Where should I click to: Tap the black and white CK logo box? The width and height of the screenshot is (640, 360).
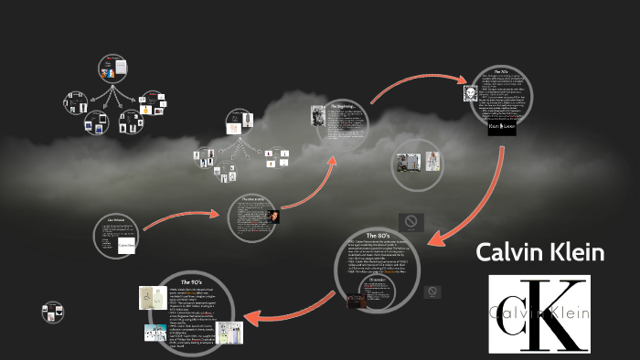539,313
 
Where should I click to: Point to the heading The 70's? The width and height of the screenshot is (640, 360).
505,70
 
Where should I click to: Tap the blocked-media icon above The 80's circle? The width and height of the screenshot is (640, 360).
411,221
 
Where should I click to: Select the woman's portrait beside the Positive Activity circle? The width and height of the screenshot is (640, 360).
272,216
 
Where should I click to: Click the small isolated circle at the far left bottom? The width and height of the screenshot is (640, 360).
53,312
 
